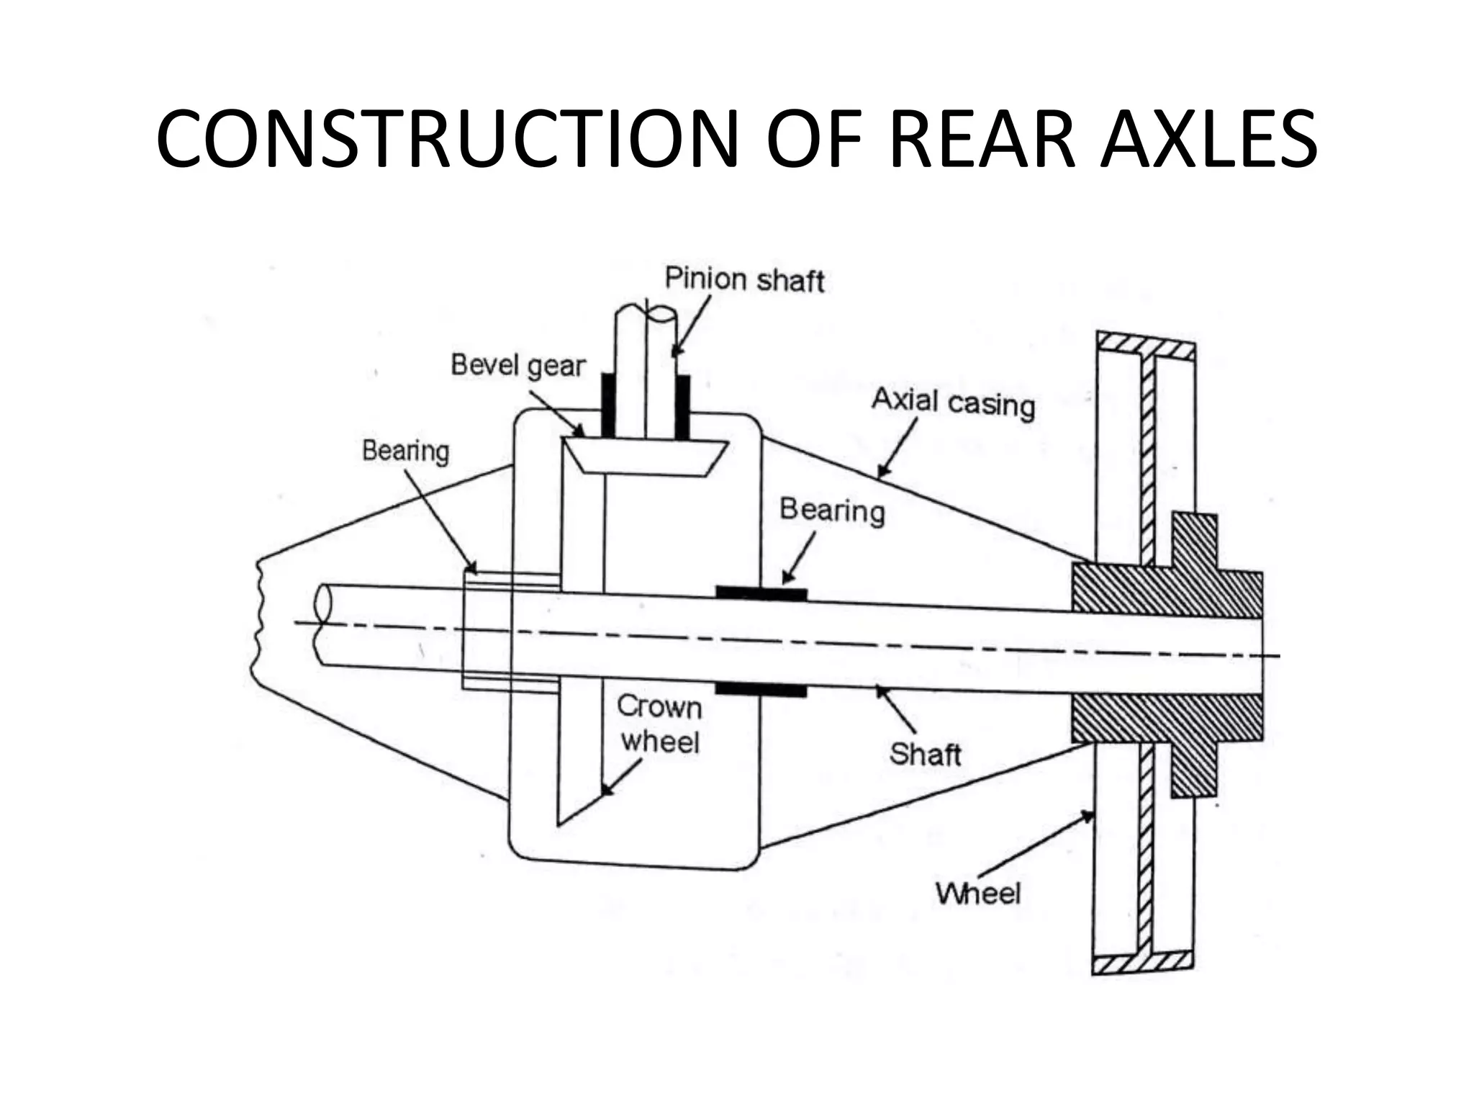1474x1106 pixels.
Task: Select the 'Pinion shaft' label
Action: click(x=744, y=279)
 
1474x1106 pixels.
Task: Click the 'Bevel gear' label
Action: click(x=518, y=365)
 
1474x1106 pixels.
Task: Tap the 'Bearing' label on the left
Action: click(x=405, y=451)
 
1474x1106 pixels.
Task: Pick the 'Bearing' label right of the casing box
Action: click(x=832, y=510)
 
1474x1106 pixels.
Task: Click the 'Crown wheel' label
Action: click(x=659, y=724)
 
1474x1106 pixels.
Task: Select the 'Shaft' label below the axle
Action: click(x=925, y=754)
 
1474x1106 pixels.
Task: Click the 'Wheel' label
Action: click(x=978, y=894)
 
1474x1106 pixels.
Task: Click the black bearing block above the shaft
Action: click(x=761, y=593)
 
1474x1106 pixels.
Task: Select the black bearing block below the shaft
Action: click(x=761, y=690)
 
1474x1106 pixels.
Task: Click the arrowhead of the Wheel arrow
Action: click(x=1088, y=816)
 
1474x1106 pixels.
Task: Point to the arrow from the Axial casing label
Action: click(x=897, y=449)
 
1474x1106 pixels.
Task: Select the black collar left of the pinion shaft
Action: click(x=608, y=406)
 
